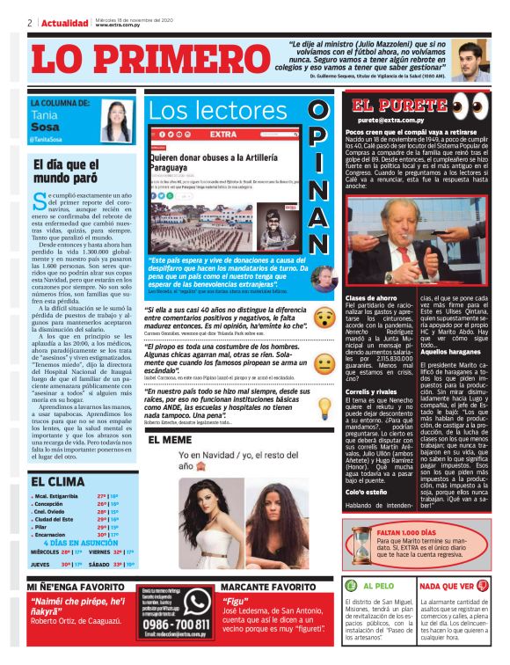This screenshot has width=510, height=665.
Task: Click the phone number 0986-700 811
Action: click(x=175, y=624)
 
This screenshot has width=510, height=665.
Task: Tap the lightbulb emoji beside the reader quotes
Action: click(x=324, y=408)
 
